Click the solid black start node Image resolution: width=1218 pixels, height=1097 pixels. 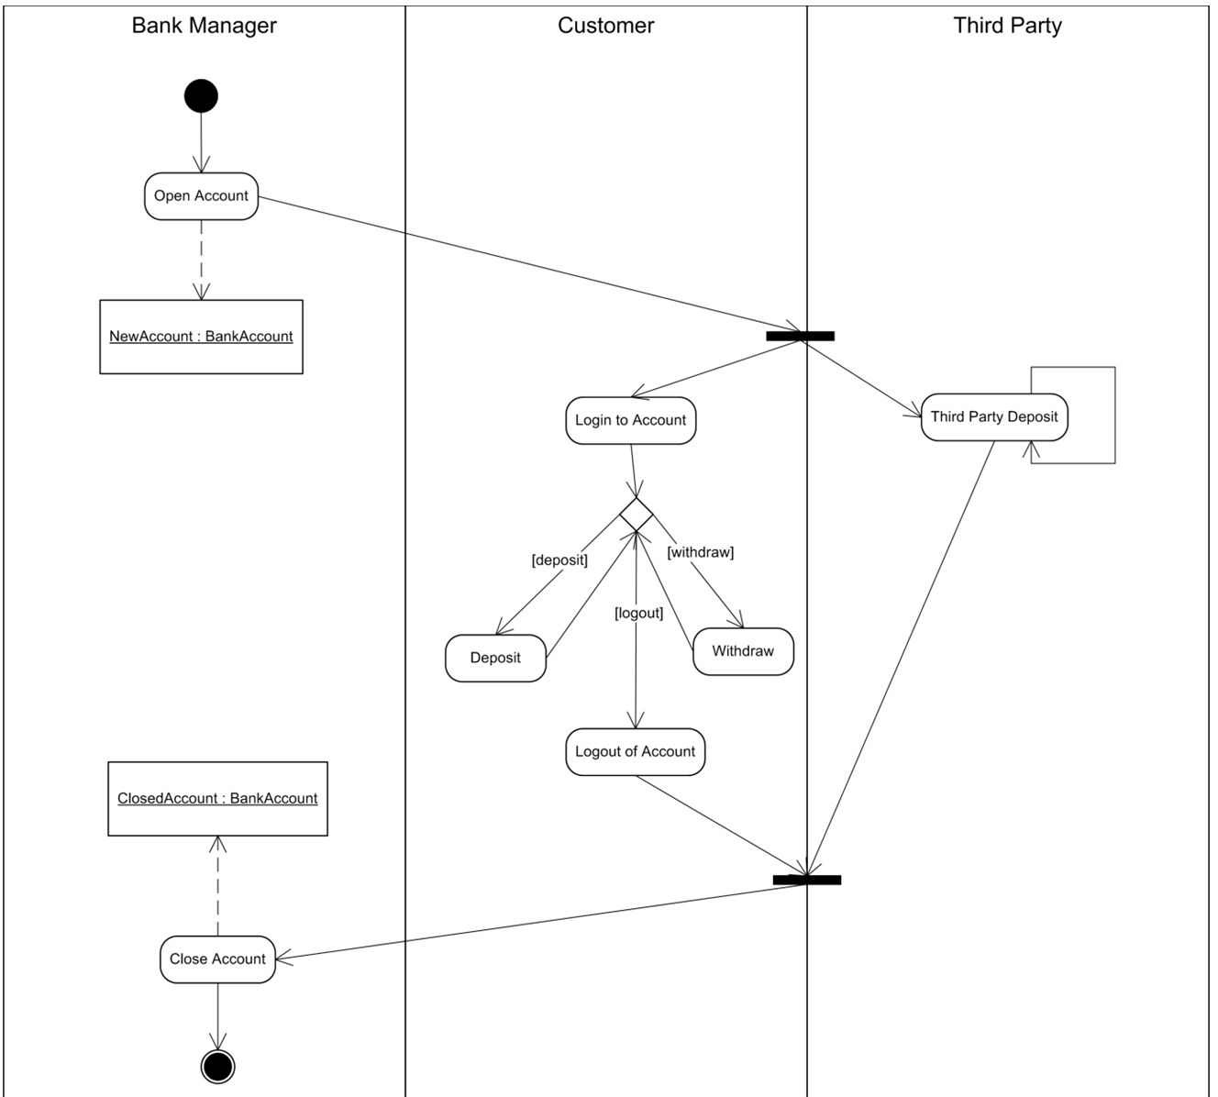tap(201, 96)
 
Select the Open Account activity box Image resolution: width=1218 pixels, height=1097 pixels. tap(201, 196)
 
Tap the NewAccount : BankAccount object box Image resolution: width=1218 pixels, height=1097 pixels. tap(201, 337)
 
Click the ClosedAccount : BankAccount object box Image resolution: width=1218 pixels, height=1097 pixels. tap(217, 799)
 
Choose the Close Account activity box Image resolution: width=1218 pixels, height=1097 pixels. tap(217, 959)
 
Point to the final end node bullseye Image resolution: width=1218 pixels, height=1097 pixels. tap(217, 1067)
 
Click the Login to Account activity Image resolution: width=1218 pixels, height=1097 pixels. tap(631, 420)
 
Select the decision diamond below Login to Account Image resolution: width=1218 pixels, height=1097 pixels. tap(637, 515)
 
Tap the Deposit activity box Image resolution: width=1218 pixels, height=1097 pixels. tap(495, 658)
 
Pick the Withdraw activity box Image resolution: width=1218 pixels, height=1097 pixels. tap(743, 651)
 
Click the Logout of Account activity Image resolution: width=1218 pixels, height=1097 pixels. tap(635, 751)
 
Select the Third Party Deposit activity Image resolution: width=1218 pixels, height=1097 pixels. tap(994, 417)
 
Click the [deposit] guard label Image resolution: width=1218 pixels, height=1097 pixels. tap(559, 560)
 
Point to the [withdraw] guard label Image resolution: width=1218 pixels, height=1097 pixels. tap(700, 552)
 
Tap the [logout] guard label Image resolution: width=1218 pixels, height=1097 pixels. tap(638, 613)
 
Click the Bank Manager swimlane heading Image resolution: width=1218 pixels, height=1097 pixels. tap(204, 26)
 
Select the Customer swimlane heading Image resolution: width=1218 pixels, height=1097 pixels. tap(606, 26)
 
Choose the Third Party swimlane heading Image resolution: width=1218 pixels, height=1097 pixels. tap(1007, 26)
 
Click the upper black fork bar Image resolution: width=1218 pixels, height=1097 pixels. tap(801, 336)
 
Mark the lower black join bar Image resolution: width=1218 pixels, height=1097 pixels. tap(807, 881)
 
